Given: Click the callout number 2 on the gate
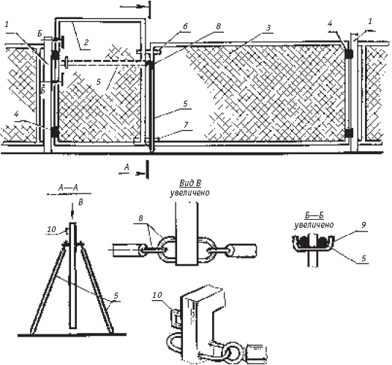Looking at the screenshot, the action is click(x=86, y=42).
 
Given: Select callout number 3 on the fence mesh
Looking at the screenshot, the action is click(x=268, y=28).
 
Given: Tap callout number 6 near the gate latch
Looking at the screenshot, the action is click(x=185, y=27).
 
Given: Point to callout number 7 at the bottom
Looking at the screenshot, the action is click(x=186, y=125).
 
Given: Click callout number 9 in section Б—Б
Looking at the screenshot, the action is click(x=363, y=225).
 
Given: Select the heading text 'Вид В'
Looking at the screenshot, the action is click(x=190, y=183).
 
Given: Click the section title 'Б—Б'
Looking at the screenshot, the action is click(x=314, y=216).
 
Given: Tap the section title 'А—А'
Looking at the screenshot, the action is click(x=68, y=188).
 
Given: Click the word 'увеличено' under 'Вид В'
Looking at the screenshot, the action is click(x=189, y=193).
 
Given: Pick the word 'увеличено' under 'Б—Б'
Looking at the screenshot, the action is click(x=314, y=225).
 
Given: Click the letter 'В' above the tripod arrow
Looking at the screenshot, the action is click(x=80, y=202).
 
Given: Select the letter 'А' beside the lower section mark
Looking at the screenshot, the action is click(x=127, y=167).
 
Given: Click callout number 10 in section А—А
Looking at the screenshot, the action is click(x=51, y=229).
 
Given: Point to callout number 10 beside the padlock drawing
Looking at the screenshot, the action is click(x=157, y=295).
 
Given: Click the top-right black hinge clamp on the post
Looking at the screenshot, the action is click(x=349, y=53).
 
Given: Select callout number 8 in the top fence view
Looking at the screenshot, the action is click(x=218, y=27).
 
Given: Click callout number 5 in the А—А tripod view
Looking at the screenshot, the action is click(x=116, y=296).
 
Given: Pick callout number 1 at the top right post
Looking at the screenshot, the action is click(x=370, y=21).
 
